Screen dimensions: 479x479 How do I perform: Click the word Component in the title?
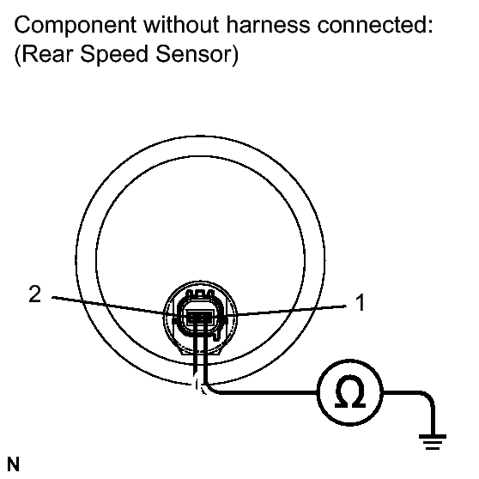click(x=76, y=26)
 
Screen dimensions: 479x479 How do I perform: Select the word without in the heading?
click(x=181, y=24)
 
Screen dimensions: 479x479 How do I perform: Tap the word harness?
click(x=268, y=24)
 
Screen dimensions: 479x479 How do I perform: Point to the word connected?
click(x=375, y=24)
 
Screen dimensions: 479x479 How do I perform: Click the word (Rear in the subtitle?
click(x=44, y=54)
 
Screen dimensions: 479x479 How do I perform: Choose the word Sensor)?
click(x=197, y=54)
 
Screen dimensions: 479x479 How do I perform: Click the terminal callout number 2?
click(x=35, y=294)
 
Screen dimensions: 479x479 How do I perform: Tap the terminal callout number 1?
click(x=361, y=302)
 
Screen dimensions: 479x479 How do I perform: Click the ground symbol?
click(x=433, y=442)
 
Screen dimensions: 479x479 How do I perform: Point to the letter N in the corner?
click(x=13, y=464)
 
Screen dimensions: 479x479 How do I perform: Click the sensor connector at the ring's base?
click(x=200, y=315)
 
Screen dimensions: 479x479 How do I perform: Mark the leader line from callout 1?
click(x=292, y=310)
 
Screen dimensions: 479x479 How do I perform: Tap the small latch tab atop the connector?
click(x=200, y=294)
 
